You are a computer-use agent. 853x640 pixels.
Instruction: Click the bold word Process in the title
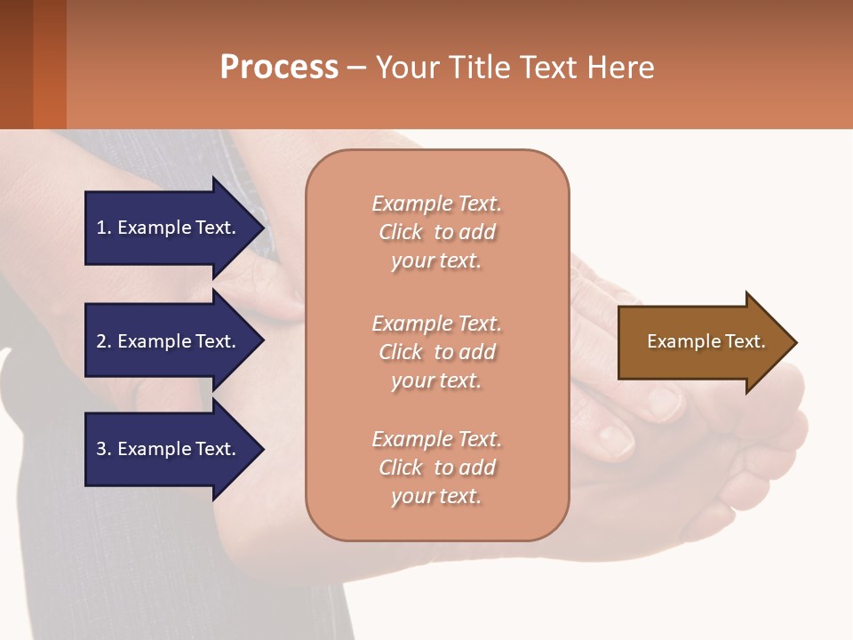tap(279, 68)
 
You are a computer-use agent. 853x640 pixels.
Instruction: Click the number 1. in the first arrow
tap(104, 228)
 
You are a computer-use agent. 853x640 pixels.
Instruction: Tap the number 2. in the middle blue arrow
tap(104, 341)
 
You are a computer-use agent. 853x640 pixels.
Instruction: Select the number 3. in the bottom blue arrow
tap(104, 450)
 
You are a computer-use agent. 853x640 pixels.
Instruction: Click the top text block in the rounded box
tap(437, 232)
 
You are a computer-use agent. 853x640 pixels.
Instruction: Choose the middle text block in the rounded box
tap(437, 352)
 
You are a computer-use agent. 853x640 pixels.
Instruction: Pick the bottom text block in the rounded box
tap(437, 468)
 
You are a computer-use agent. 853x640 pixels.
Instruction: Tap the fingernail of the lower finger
tap(615, 436)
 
